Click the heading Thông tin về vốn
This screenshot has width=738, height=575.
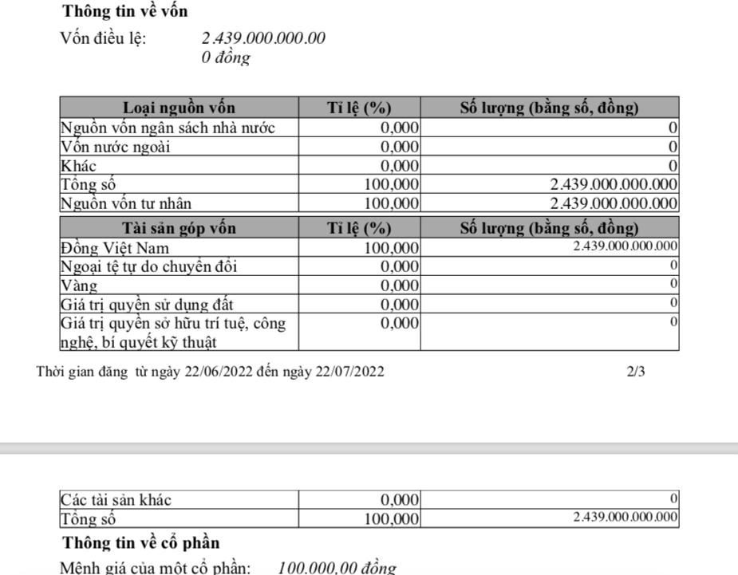125,12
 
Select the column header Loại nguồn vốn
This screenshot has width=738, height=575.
179,108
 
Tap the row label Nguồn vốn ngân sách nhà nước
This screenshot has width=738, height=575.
168,127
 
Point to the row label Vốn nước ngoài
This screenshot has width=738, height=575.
116,146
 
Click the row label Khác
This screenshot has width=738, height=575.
79,165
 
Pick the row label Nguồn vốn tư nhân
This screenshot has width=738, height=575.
126,203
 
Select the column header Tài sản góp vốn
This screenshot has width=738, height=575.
179,228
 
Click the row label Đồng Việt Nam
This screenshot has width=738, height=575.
115,247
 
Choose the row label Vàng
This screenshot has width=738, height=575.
80,285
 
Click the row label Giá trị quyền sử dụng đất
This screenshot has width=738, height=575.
148,304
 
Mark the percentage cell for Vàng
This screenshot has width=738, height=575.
400,285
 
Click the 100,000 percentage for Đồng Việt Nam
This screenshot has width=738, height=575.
392,247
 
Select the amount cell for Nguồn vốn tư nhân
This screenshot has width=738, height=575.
614,203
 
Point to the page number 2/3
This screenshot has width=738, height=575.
636,371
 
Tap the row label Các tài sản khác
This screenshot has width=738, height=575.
116,500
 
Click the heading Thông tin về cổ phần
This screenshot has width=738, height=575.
141,543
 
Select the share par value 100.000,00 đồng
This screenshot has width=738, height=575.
337,568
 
